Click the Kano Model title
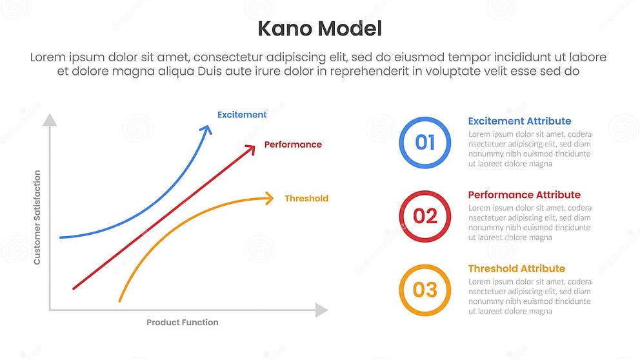pyautogui.click(x=319, y=28)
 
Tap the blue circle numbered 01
pyautogui.click(x=425, y=142)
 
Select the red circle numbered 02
pyautogui.click(x=425, y=216)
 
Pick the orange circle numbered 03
pyautogui.click(x=425, y=290)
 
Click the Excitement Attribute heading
pyautogui.click(x=519, y=121)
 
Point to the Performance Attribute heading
pyautogui.click(x=524, y=195)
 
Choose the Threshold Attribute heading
pyautogui.click(x=516, y=268)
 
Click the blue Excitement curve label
pyautogui.click(x=241, y=115)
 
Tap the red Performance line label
pyautogui.click(x=293, y=145)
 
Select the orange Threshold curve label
pyautogui.click(x=306, y=199)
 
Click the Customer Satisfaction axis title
pyautogui.click(x=37, y=217)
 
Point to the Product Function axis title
pyautogui.click(x=182, y=323)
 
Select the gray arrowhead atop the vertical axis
pyautogui.click(x=50, y=119)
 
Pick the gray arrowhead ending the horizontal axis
pyautogui.click(x=321, y=310)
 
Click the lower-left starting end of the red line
pyautogui.click(x=74, y=288)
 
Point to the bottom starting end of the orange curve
pyautogui.click(x=119, y=301)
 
